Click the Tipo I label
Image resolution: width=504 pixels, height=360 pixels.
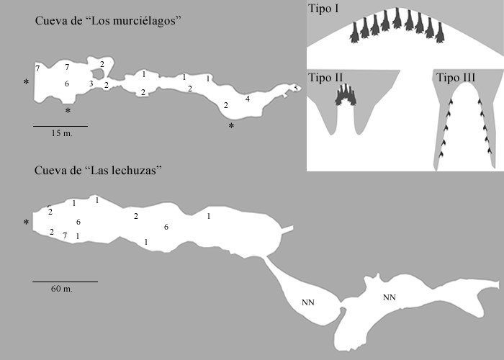[x=323, y=9]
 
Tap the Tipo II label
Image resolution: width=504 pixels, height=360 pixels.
[x=325, y=78]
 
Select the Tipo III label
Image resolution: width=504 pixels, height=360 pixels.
[x=456, y=78]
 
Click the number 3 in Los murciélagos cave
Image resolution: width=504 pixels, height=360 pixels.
[x=91, y=84]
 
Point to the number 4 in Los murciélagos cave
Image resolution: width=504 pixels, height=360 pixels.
[x=247, y=99]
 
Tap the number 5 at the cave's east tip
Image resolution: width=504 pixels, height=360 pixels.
[x=296, y=88]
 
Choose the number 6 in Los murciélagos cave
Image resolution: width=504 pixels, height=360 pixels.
[x=66, y=84]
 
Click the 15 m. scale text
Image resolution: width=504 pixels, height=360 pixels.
[x=62, y=133]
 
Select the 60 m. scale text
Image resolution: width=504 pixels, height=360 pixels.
[x=62, y=289]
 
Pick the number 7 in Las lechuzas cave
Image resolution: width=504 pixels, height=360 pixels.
[x=65, y=235]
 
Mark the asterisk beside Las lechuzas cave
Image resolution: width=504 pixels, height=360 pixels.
[x=26, y=222]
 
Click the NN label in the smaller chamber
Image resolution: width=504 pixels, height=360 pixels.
[x=308, y=302]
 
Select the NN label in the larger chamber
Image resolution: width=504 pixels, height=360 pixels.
[x=390, y=297]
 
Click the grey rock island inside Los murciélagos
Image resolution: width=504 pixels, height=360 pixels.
[x=98, y=74]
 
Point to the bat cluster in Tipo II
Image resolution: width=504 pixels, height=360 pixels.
[x=346, y=95]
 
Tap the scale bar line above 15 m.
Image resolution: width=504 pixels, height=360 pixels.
[x=60, y=126]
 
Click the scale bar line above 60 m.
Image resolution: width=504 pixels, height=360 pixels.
[x=65, y=282]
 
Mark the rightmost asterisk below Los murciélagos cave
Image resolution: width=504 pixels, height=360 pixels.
[x=231, y=126]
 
